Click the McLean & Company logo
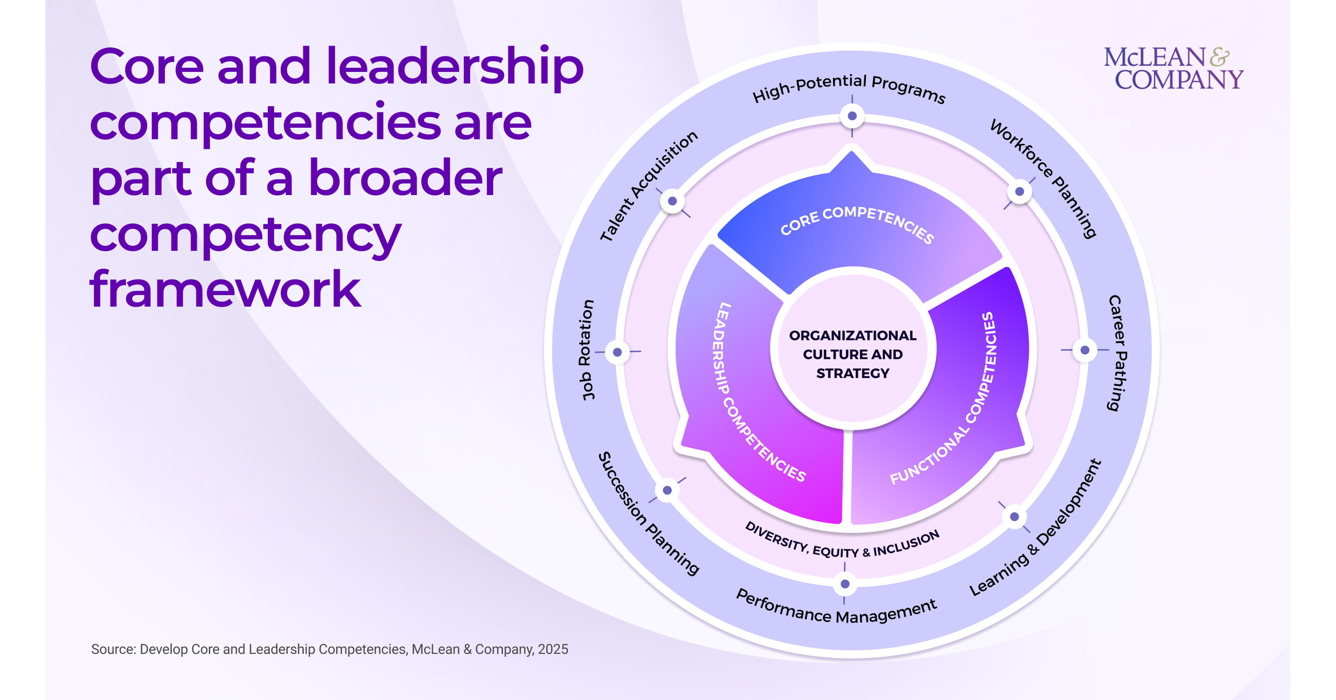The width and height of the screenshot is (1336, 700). click(x=1173, y=68)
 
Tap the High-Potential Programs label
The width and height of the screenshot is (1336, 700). click(x=849, y=88)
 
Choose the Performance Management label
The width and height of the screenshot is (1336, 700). click(x=836, y=606)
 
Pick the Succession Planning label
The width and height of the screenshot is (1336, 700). click(x=648, y=513)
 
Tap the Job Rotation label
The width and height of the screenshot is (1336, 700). click(x=587, y=350)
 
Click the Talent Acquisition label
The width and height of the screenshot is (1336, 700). click(x=648, y=186)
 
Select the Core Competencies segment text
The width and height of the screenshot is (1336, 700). click(x=857, y=223)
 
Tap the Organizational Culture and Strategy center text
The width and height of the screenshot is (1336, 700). click(x=852, y=354)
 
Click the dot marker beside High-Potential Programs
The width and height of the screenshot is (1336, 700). click(x=852, y=116)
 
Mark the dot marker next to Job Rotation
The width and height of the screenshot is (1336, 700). click(x=617, y=352)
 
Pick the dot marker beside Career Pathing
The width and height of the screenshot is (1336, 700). click(x=1085, y=350)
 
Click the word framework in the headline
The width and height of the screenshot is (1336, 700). click(x=225, y=289)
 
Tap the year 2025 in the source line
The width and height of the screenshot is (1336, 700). click(x=553, y=649)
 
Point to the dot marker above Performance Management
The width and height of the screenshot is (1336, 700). click(x=845, y=584)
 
